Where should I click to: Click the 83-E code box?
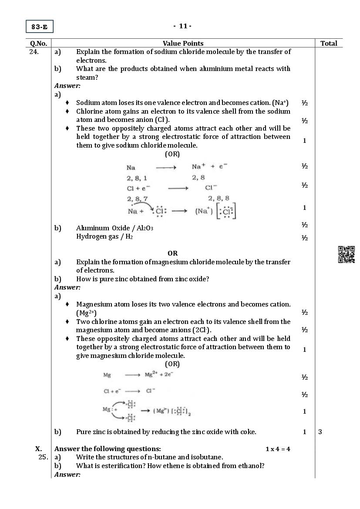[x=39, y=27]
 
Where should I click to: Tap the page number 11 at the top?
[x=183, y=26]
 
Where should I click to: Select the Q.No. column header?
[x=39, y=43]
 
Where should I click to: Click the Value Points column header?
[x=183, y=43]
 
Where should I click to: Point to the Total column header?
[x=329, y=43]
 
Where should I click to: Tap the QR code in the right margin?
[x=347, y=255]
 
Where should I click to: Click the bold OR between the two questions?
[x=172, y=253]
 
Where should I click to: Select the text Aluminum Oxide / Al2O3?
[x=114, y=228]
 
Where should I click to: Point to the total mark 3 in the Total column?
[x=320, y=432]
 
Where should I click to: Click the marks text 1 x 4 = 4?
[x=278, y=449]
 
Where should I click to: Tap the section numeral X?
[x=39, y=449]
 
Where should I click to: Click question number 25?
[x=42, y=457]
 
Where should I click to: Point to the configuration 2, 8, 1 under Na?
[x=137, y=178]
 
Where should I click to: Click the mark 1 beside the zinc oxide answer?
[x=305, y=432]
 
